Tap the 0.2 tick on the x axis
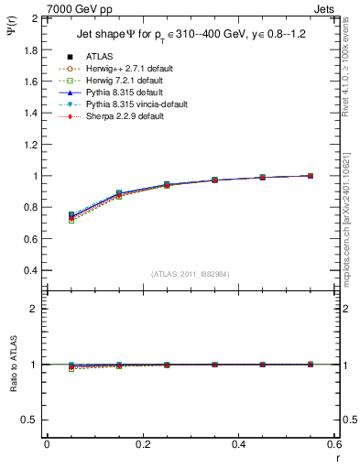click(142, 444)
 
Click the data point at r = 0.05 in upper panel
click(71, 215)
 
